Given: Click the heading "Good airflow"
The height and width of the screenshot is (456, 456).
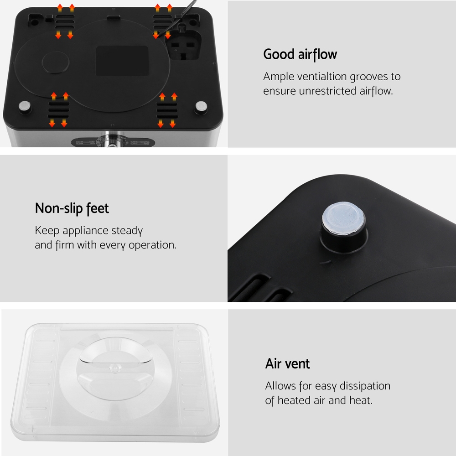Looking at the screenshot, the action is [300, 54].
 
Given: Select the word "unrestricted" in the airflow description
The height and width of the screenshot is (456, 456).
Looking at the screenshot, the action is [328, 91].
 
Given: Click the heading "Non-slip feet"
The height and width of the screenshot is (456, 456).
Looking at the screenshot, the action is [72, 208].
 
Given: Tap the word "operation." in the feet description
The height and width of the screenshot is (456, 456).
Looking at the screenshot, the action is [152, 245].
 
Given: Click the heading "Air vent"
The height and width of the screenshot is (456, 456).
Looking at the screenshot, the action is [287, 363].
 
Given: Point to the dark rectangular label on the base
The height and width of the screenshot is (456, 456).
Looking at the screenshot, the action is [122, 61].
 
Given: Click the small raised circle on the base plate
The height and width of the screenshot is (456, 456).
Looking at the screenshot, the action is [56, 62].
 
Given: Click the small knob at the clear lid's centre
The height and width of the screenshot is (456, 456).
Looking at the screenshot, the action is [115, 368].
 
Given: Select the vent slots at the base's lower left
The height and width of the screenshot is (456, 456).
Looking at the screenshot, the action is [59, 110].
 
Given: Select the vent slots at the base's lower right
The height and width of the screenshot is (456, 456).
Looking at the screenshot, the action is [167, 110].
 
